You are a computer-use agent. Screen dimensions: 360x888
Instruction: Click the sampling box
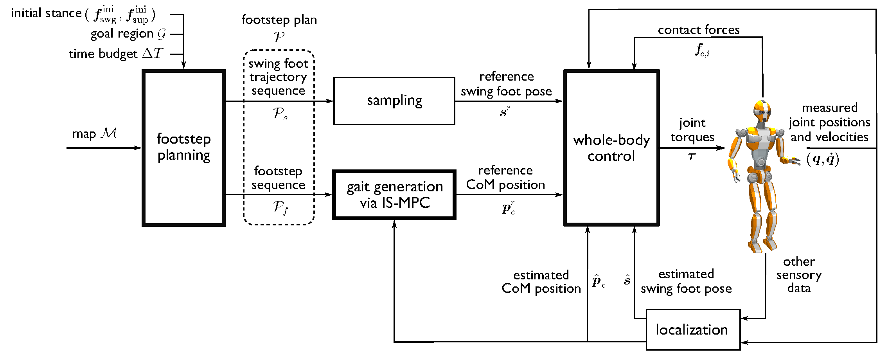tap(394, 101)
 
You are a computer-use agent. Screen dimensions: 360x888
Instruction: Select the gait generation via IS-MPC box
tap(394, 194)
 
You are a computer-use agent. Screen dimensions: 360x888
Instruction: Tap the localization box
tap(692, 329)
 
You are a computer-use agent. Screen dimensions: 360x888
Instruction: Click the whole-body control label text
tap(611, 148)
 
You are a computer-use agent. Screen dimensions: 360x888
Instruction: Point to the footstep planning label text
tap(183, 147)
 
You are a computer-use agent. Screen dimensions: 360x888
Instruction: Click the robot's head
tap(762, 111)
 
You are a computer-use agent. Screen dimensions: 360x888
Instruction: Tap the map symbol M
tap(108, 133)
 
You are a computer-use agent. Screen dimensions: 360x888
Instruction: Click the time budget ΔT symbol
tap(153, 53)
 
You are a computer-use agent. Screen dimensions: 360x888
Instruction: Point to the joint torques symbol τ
tap(692, 156)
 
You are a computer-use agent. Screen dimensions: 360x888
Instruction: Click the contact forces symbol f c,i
tap(702, 50)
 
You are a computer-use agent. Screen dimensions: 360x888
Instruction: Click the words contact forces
tap(699, 30)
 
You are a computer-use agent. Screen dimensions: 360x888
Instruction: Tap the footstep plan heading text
tap(279, 20)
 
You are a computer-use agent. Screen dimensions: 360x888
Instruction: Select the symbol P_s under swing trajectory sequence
tap(280, 113)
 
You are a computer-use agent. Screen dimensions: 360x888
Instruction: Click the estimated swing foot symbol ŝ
tap(627, 280)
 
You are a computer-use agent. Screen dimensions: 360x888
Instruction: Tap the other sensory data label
tap(799, 275)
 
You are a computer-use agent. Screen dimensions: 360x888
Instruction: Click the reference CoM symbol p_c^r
tap(508, 207)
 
